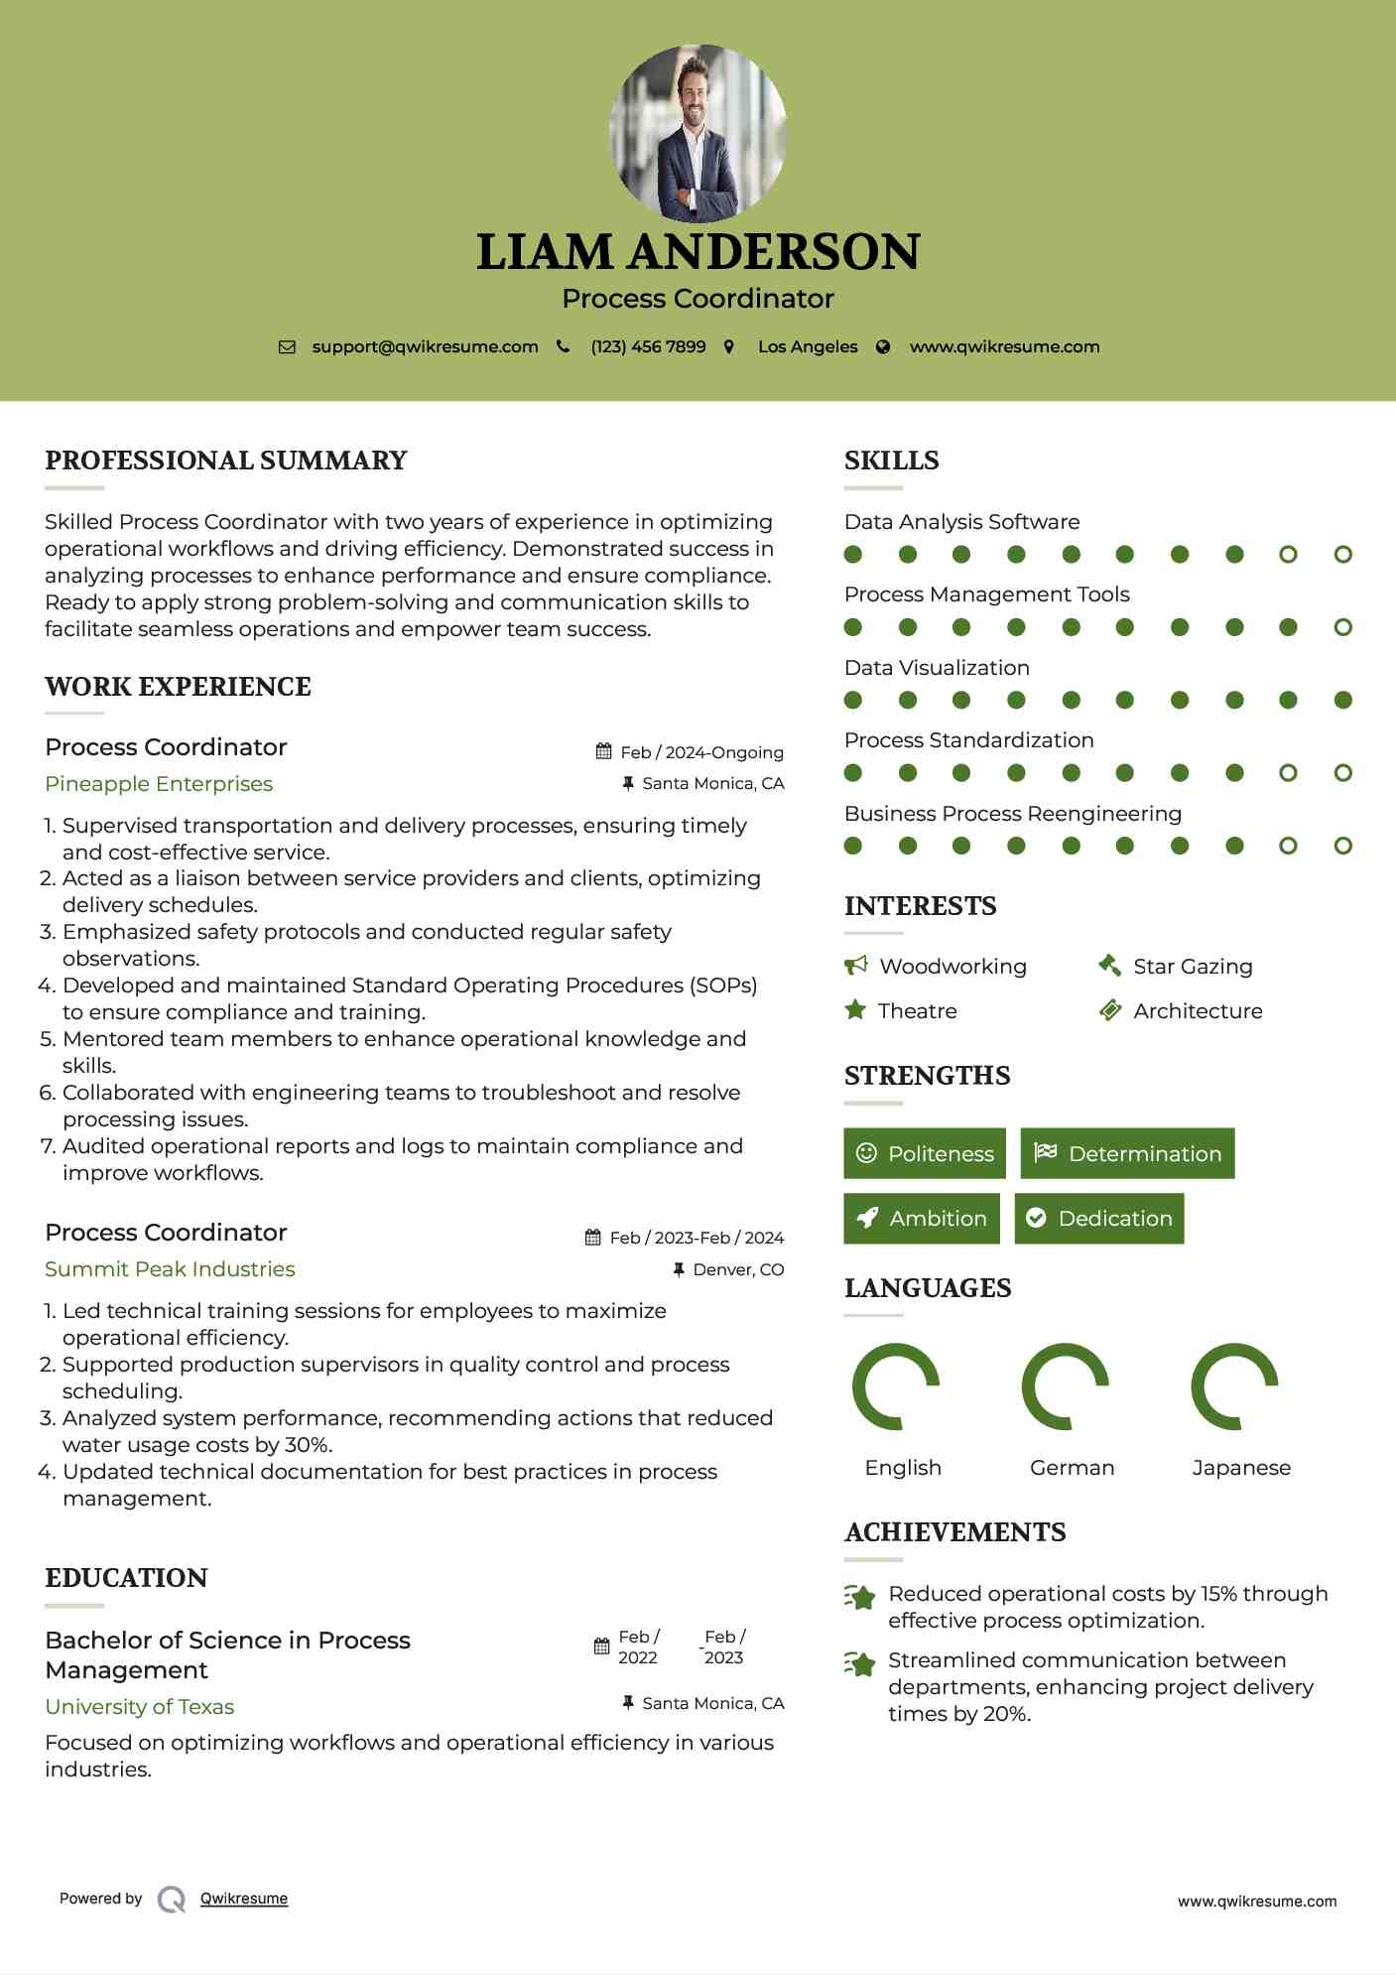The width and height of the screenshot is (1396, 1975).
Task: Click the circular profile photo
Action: (698, 132)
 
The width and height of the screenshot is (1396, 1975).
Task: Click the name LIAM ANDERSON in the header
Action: (698, 252)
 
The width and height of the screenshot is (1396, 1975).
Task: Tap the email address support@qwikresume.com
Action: (425, 346)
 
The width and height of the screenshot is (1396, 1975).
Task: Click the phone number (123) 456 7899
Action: (648, 346)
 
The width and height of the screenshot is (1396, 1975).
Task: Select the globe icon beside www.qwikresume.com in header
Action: (883, 346)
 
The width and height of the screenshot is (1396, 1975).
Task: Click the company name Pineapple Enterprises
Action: (159, 784)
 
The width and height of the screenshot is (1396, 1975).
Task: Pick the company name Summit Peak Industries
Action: (170, 1269)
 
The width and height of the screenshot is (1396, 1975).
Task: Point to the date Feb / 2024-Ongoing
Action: (701, 752)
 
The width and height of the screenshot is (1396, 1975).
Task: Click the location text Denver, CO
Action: (738, 1269)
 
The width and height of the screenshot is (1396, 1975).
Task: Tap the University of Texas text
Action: (140, 1707)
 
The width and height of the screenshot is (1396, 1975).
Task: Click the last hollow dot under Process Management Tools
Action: (1342, 627)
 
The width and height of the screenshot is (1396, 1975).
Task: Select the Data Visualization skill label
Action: (937, 668)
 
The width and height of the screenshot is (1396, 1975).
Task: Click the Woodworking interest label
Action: (952, 967)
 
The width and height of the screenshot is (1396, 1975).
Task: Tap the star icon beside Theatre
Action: (854, 1010)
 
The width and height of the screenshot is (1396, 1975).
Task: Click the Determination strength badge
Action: (1127, 1153)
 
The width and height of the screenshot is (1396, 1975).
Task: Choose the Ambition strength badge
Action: (922, 1219)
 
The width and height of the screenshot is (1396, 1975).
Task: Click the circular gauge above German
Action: (1066, 1386)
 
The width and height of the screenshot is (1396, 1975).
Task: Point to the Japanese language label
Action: (1241, 1468)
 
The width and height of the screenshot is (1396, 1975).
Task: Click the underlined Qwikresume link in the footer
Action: (244, 1899)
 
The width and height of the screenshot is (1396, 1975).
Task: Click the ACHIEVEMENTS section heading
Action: (954, 1532)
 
